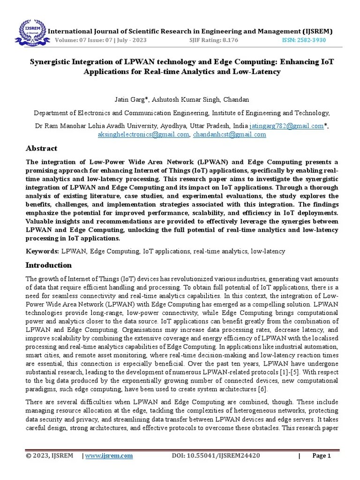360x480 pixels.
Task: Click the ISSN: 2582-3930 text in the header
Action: click(304, 40)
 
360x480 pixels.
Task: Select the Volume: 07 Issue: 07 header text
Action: click(101, 40)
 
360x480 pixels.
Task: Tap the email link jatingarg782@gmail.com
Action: click(286, 126)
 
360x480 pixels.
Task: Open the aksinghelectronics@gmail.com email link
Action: click(142, 135)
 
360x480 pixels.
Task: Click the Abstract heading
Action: click(41, 149)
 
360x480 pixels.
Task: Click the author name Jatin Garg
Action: click(129, 100)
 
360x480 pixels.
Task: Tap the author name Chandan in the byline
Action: click(236, 100)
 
